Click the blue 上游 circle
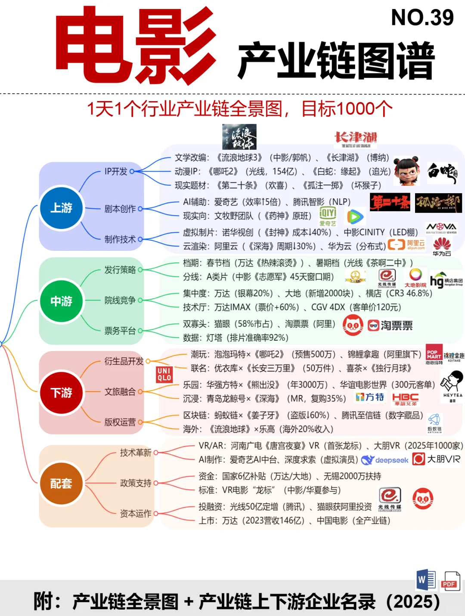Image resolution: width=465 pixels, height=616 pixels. pos(61,208)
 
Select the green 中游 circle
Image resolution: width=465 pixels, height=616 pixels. pos(61,301)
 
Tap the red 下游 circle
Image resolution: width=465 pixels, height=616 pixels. pos(61,392)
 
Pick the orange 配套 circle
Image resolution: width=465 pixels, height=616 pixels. pos(61,484)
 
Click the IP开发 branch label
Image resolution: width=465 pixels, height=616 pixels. pos(116,172)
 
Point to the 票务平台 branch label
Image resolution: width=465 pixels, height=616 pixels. pos(120,331)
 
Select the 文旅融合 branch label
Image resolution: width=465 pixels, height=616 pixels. pos(120,392)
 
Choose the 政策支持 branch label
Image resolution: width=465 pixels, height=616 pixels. pos(136,483)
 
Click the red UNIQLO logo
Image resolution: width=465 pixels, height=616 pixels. pos(164,375)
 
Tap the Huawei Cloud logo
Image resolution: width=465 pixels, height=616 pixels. pos(442,246)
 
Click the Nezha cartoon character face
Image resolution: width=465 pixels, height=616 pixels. pos(407,171)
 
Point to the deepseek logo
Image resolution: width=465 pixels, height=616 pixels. pos(385,460)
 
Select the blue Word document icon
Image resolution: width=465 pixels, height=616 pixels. pos(426,580)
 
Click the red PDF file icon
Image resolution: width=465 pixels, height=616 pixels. pos(450,581)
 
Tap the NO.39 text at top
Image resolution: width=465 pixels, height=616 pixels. pos(422,18)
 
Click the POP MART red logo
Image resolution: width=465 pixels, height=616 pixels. pos(434,353)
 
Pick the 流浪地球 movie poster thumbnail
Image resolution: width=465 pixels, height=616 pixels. pos(239,137)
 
